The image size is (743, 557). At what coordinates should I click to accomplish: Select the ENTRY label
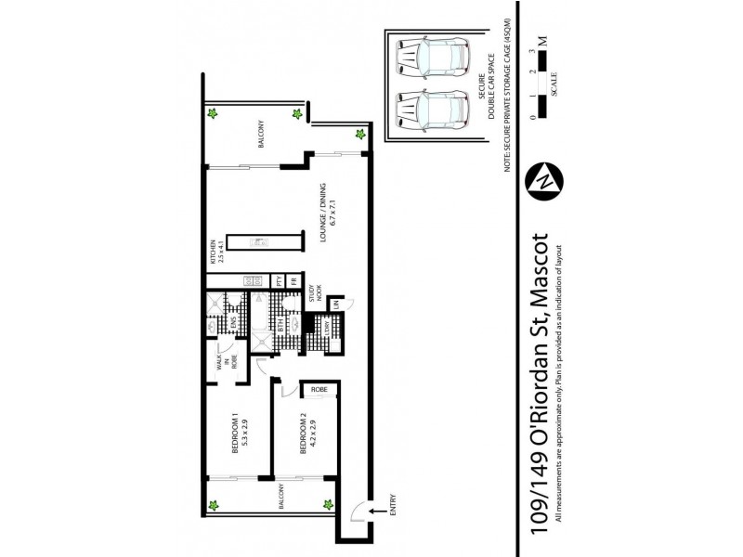tap(393, 509)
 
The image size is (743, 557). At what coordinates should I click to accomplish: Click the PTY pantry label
tap(278, 281)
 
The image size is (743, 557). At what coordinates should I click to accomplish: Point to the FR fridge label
tap(293, 281)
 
